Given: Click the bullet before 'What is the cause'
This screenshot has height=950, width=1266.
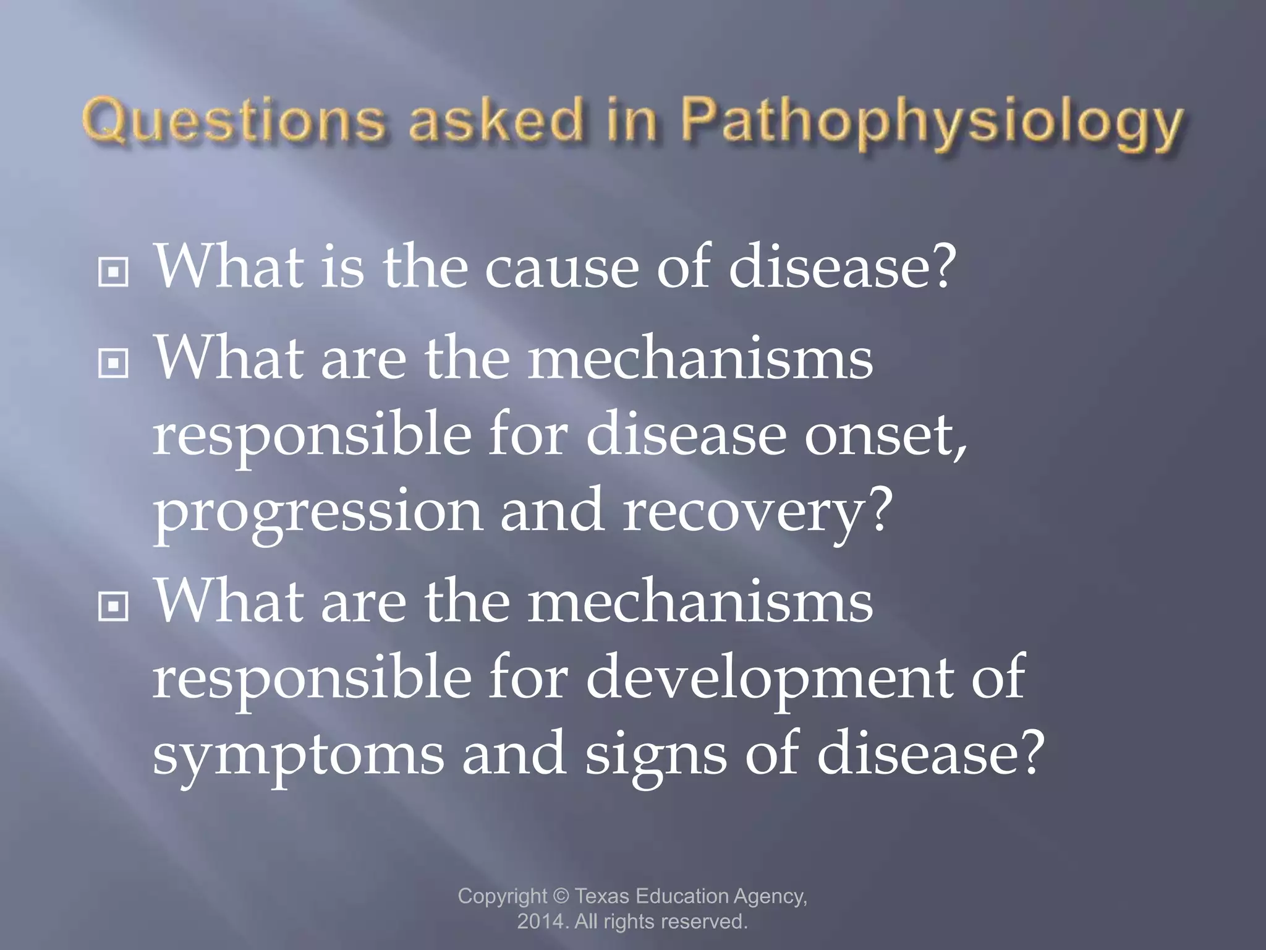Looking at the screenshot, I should coord(113,271).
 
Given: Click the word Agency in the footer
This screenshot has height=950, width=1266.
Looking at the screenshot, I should coord(770,897).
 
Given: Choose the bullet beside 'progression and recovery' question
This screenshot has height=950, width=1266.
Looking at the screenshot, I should coord(113,363).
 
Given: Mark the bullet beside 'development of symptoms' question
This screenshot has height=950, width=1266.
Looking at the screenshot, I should coord(113,607).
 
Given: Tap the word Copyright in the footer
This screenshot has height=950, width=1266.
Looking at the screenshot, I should coord(503,897).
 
